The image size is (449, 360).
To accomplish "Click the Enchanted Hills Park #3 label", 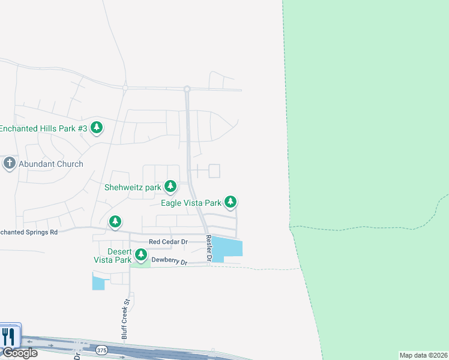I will point(43,128).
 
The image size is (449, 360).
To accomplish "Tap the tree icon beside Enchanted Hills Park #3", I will point(97,127).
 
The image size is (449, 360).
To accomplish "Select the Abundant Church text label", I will point(50,164).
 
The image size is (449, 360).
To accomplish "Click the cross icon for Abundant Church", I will point(9,163).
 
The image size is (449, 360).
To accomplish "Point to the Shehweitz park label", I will point(133,187).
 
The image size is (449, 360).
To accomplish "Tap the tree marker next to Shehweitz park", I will point(170,187).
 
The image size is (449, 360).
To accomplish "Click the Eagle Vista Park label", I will point(191,203).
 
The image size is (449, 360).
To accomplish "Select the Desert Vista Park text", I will point(111,256).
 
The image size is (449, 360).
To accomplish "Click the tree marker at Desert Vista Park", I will point(142,255).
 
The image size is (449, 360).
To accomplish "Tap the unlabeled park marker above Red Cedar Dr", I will point(115,222).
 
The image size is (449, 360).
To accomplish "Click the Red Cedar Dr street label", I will point(168,242).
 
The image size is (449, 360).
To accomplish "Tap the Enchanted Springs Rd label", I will point(28,232).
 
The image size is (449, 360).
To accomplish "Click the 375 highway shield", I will point(101,349).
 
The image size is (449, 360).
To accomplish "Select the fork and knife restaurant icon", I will point(8,336).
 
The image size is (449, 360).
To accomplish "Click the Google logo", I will point(19,353).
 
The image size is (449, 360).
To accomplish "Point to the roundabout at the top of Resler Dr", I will point(187,89).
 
